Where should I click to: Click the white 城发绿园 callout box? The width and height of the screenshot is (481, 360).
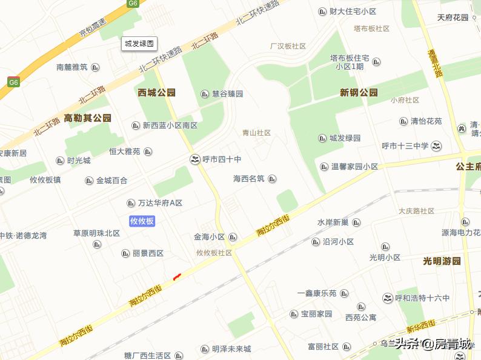(x=139, y=43)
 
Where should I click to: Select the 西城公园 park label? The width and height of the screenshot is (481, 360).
(x=156, y=93)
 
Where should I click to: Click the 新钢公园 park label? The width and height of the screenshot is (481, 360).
(x=359, y=93)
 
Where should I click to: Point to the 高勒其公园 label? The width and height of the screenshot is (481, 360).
(x=88, y=118)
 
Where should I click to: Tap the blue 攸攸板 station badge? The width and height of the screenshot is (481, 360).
(x=142, y=221)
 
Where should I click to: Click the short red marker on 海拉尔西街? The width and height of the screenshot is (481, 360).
(x=177, y=277)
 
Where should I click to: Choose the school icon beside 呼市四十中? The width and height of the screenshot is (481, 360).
(x=194, y=159)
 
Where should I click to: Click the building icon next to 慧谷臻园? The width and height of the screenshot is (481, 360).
(x=204, y=94)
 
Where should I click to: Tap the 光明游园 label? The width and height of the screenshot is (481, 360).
(x=442, y=261)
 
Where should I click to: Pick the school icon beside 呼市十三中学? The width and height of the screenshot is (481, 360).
(x=437, y=145)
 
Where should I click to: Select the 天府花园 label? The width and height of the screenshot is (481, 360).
(x=453, y=18)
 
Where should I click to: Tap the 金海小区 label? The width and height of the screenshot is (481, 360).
(x=210, y=237)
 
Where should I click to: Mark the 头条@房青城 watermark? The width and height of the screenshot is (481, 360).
(x=433, y=345)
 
